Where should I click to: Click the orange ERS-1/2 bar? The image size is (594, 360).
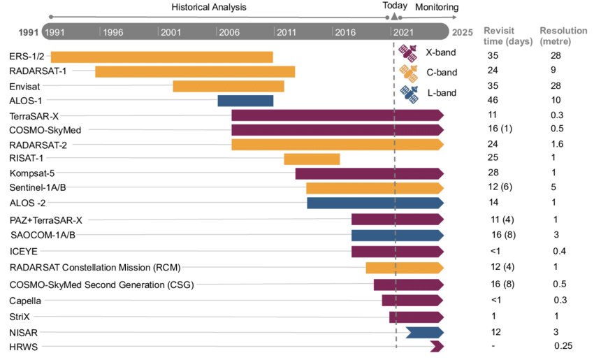click(x=161, y=57)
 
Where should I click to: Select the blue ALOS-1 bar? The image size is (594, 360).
click(x=245, y=101)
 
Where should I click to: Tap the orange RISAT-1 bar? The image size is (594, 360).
click(x=312, y=159)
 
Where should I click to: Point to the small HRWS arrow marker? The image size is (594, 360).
click(x=437, y=346)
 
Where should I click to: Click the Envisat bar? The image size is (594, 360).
click(x=229, y=86)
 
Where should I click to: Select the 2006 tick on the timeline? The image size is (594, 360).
click(x=217, y=32)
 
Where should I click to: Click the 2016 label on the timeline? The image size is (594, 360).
click(x=345, y=32)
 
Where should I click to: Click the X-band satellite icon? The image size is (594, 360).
click(x=408, y=51)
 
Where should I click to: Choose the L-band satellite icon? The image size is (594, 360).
click(x=408, y=92)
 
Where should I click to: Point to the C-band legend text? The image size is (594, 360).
click(x=441, y=72)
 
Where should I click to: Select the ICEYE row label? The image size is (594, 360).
click(x=24, y=252)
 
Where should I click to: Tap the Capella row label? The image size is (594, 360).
click(x=26, y=301)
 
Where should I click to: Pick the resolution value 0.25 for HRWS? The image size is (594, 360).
click(x=563, y=346)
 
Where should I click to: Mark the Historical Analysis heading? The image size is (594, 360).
click(x=209, y=7)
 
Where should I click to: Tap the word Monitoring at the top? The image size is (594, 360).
click(x=437, y=7)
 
